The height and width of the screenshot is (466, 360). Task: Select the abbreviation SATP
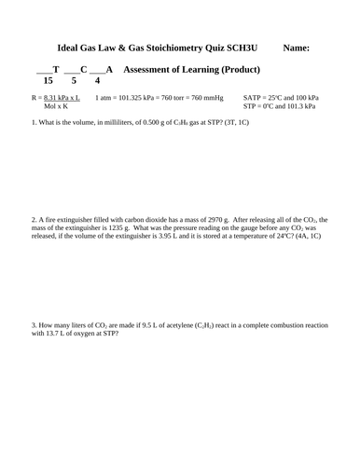point(253,97)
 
